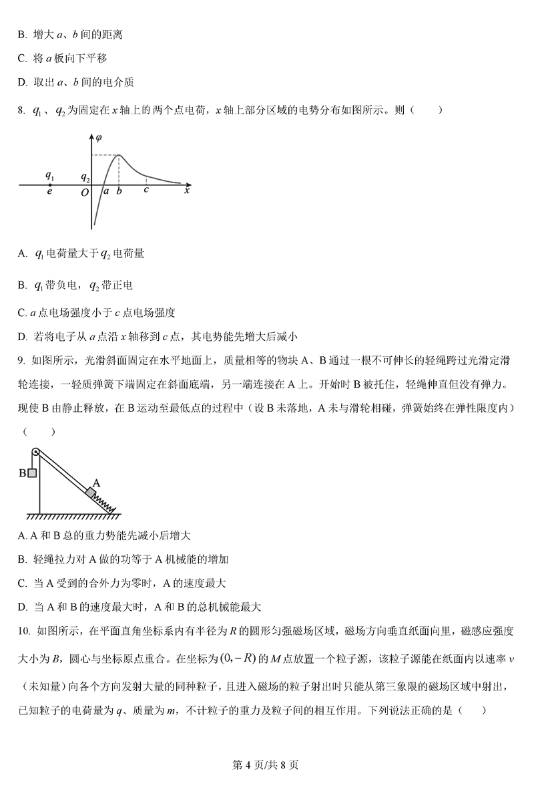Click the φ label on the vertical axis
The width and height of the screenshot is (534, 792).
99,138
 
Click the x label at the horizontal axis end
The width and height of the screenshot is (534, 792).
187,191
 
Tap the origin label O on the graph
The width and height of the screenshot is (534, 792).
84,192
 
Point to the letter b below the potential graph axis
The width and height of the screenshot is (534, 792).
119,192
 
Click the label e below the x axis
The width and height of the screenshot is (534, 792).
49,192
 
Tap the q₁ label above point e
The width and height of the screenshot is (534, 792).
49,176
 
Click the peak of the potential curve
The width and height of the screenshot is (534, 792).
119,155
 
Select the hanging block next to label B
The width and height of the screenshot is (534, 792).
31,473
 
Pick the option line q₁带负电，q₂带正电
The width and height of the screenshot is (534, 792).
83,285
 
